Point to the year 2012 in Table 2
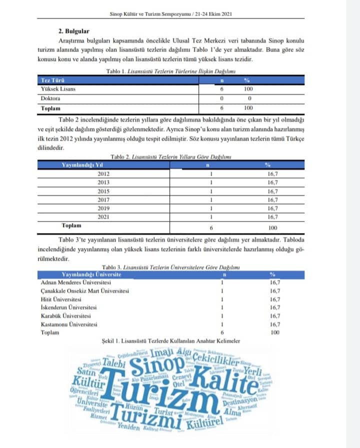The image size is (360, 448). pos(103,173)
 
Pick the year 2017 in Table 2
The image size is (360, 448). pos(103,199)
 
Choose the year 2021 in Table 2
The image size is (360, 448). pos(103,216)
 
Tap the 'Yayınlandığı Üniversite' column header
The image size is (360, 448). pos(91,274)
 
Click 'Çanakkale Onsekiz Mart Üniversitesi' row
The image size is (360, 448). pos(85,291)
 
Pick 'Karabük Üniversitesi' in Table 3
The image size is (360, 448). pos(65,316)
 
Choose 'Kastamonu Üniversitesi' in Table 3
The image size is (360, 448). pos(69,324)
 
